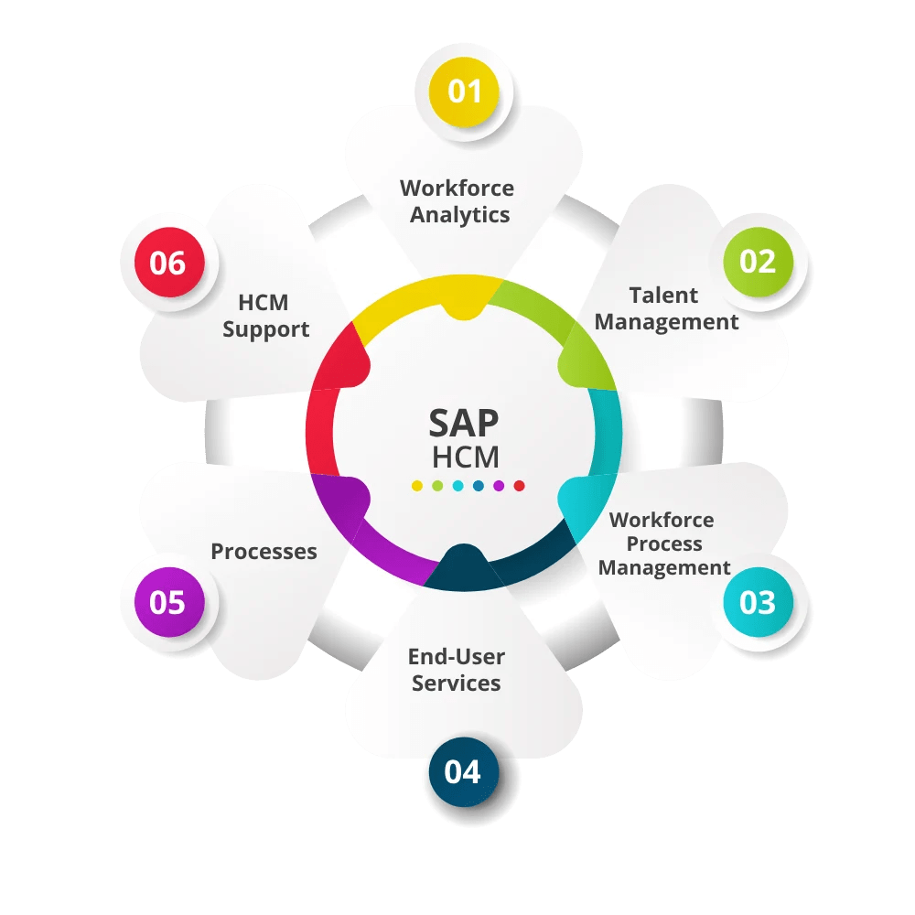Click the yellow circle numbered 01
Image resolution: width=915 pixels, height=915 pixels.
pyautogui.click(x=464, y=91)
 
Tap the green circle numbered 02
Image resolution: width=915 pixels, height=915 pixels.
pyautogui.click(x=758, y=262)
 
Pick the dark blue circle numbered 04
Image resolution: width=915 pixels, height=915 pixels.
pyautogui.click(x=463, y=771)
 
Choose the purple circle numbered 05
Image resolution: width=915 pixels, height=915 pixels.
pyautogui.click(x=167, y=602)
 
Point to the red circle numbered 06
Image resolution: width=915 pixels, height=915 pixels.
pyautogui.click(x=167, y=264)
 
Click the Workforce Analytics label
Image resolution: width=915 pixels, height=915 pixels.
pyautogui.click(x=457, y=201)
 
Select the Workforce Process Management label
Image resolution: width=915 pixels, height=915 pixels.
pyautogui.click(x=663, y=544)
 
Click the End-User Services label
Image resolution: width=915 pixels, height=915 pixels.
pyautogui.click(x=456, y=669)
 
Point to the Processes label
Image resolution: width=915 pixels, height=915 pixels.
pyautogui.click(x=264, y=552)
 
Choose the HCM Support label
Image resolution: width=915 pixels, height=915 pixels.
pyautogui.click(x=266, y=316)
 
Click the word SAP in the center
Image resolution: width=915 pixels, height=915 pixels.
pyautogui.click(x=465, y=424)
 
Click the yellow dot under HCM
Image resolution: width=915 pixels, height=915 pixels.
pyautogui.click(x=417, y=486)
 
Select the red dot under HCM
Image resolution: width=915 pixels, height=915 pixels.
pyautogui.click(x=519, y=486)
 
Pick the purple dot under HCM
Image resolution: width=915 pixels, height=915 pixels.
pyautogui.click(x=499, y=486)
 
